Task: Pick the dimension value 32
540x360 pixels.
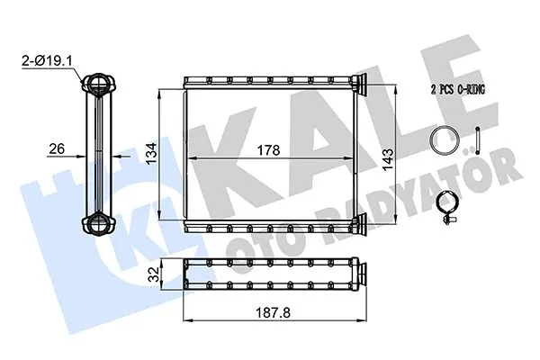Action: pyautogui.click(x=154, y=273)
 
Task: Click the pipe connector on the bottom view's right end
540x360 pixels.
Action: pyautogui.click(x=360, y=273)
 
